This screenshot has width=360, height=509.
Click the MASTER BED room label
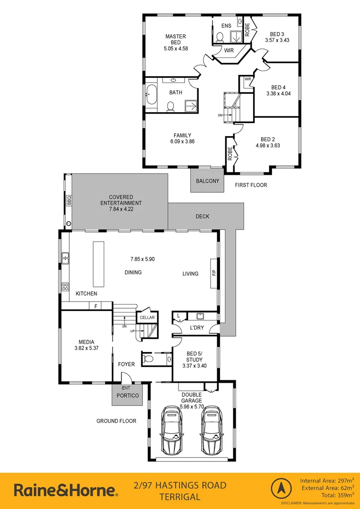click(x=175, y=40)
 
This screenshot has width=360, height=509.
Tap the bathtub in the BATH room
click(x=151, y=95)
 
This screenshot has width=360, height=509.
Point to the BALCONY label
click(x=207, y=181)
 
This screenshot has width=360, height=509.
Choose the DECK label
click(x=203, y=217)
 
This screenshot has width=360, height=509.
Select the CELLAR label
click(x=147, y=318)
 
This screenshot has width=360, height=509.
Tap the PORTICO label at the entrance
click(x=128, y=395)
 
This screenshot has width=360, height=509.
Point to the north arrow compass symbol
click(x=281, y=490)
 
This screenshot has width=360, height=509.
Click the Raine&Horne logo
click(x=65, y=490)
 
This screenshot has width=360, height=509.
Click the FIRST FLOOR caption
click(x=251, y=185)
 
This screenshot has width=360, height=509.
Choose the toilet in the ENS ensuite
click(x=220, y=37)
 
